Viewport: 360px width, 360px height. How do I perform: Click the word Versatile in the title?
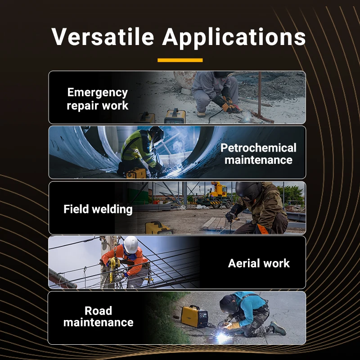coord(103,36)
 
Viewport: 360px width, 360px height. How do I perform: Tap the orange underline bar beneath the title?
coord(180,60)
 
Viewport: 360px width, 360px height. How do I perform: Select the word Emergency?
coord(97,93)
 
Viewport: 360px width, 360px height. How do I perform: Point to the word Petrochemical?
coord(258,148)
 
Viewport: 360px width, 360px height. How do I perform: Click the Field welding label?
coord(98,209)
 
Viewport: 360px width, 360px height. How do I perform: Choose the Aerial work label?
coord(259,263)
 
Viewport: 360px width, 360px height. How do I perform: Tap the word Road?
coord(98,310)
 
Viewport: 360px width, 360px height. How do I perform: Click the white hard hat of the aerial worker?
coord(130,244)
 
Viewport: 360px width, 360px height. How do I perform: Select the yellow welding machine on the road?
coord(194,316)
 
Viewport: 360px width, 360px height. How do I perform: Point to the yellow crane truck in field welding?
coord(217,195)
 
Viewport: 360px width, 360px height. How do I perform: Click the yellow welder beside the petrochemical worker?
coord(136,173)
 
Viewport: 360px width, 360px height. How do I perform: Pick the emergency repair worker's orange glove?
coord(228,107)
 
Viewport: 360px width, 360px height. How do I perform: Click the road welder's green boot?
coord(278,328)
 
